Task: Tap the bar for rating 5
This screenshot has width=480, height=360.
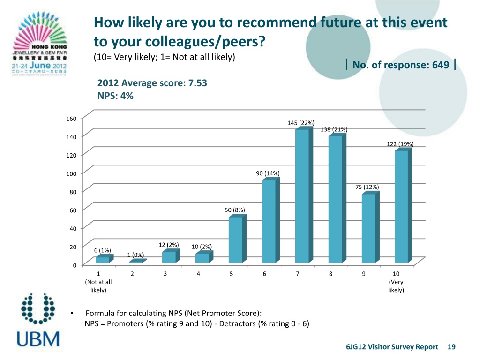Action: (x=235, y=240)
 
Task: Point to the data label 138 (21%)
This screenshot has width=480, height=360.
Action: (x=334, y=129)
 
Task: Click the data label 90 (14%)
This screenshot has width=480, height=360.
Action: (x=268, y=173)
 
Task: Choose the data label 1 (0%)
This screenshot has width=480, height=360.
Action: (x=135, y=255)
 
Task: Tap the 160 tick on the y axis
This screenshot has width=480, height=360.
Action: (x=70, y=118)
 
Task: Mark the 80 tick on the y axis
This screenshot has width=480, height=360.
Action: (x=72, y=191)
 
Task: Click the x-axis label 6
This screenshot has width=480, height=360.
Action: (x=264, y=274)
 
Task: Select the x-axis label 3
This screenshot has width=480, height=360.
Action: (x=165, y=274)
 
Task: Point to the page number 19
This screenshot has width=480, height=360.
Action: (x=451, y=347)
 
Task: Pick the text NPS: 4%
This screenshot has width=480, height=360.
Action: (x=115, y=96)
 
